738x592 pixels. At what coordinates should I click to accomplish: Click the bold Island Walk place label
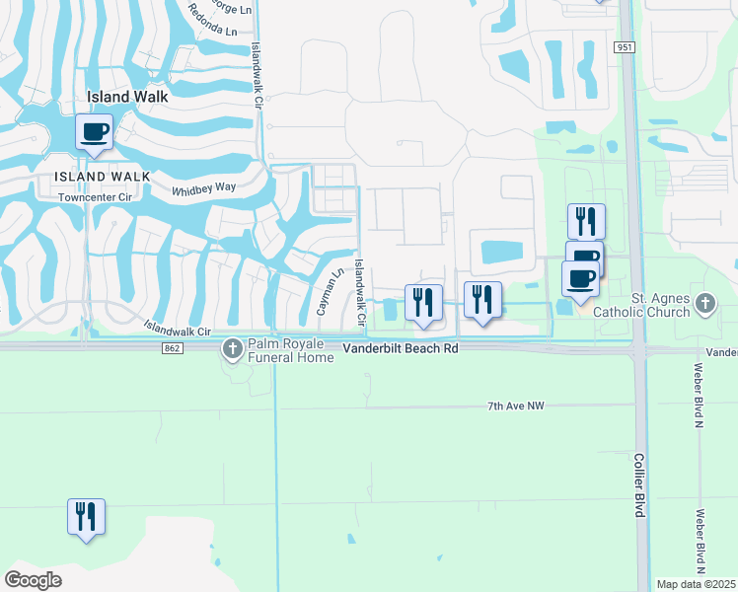click(x=128, y=97)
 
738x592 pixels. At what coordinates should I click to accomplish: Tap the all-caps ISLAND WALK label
click(x=103, y=177)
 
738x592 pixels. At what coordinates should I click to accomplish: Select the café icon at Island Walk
click(x=95, y=132)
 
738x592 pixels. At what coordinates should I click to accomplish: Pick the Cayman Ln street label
click(x=328, y=293)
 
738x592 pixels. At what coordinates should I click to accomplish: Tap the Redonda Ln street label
click(x=218, y=32)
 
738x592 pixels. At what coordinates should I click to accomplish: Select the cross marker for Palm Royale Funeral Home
click(x=233, y=347)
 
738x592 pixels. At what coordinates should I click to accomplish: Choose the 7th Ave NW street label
click(x=516, y=407)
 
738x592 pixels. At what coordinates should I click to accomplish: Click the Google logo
click(x=33, y=580)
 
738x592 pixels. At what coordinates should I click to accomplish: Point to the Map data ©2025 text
click(x=697, y=584)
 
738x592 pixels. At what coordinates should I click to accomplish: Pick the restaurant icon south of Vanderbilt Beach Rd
click(x=86, y=516)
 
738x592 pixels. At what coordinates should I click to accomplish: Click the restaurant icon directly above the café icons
click(x=586, y=221)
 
